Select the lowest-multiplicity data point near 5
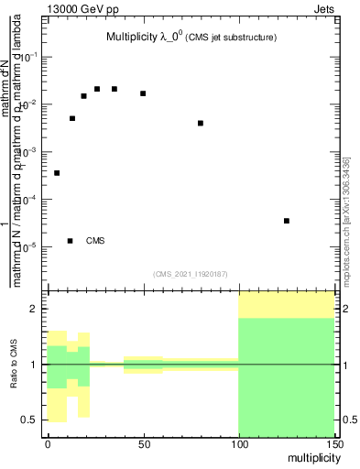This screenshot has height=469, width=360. (x=57, y=173)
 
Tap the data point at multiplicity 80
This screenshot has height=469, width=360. (x=201, y=123)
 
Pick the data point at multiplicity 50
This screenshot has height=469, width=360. (x=143, y=93)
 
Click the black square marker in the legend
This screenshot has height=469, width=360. (x=70, y=241)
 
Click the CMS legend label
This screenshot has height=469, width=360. (x=95, y=241)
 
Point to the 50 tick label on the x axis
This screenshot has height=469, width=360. (x=143, y=442)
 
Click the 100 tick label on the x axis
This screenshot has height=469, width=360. (x=238, y=442)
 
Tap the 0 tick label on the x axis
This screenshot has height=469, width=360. (x=48, y=442)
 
